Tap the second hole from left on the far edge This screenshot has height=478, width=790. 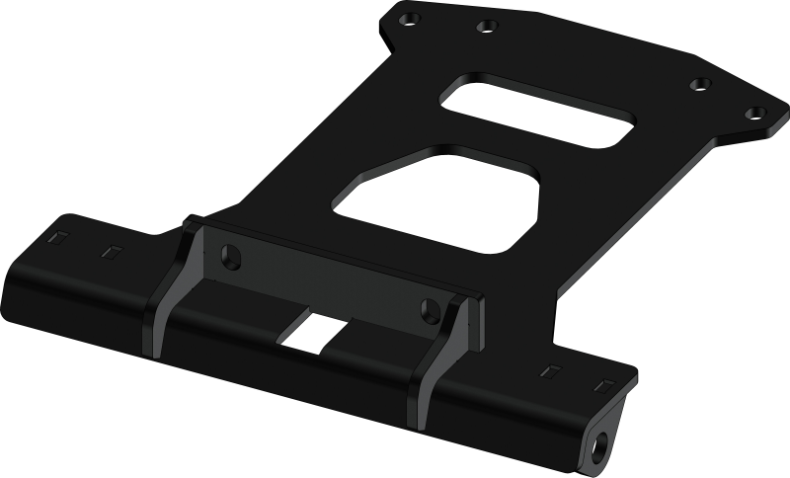(x=484, y=27)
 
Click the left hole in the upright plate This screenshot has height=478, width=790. (x=231, y=255)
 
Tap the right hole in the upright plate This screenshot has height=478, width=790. (x=431, y=307)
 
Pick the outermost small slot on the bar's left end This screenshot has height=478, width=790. (x=57, y=238)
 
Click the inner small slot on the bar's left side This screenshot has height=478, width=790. (x=110, y=251)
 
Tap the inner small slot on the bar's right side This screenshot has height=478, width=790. (x=549, y=370)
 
